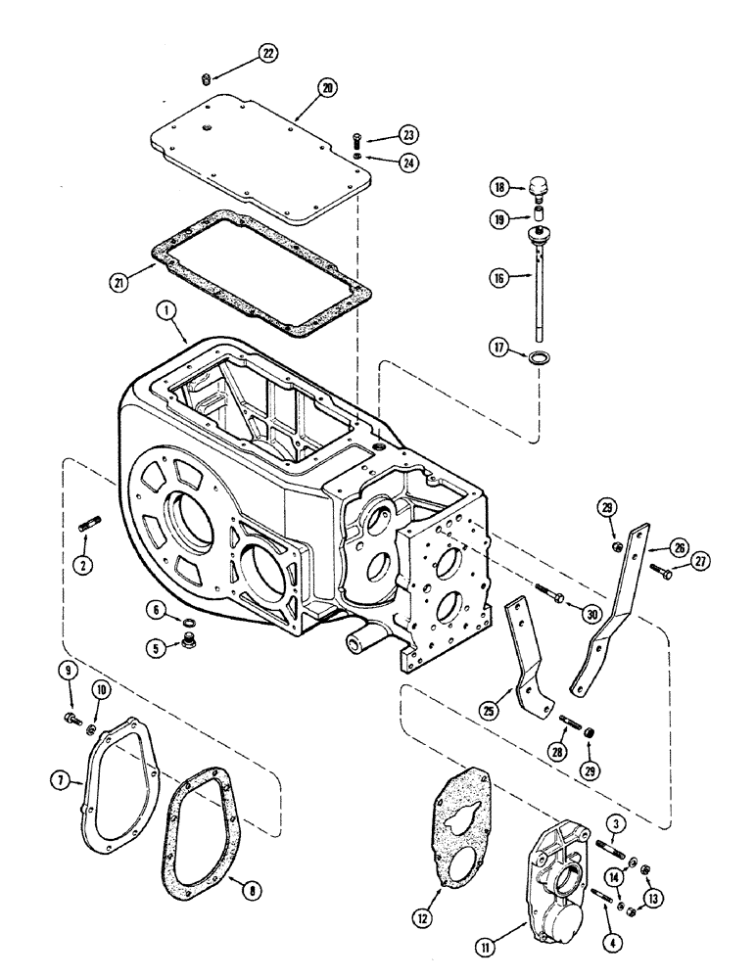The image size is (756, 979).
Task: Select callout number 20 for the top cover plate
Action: (x=326, y=88)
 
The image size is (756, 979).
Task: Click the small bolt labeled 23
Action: (x=355, y=136)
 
